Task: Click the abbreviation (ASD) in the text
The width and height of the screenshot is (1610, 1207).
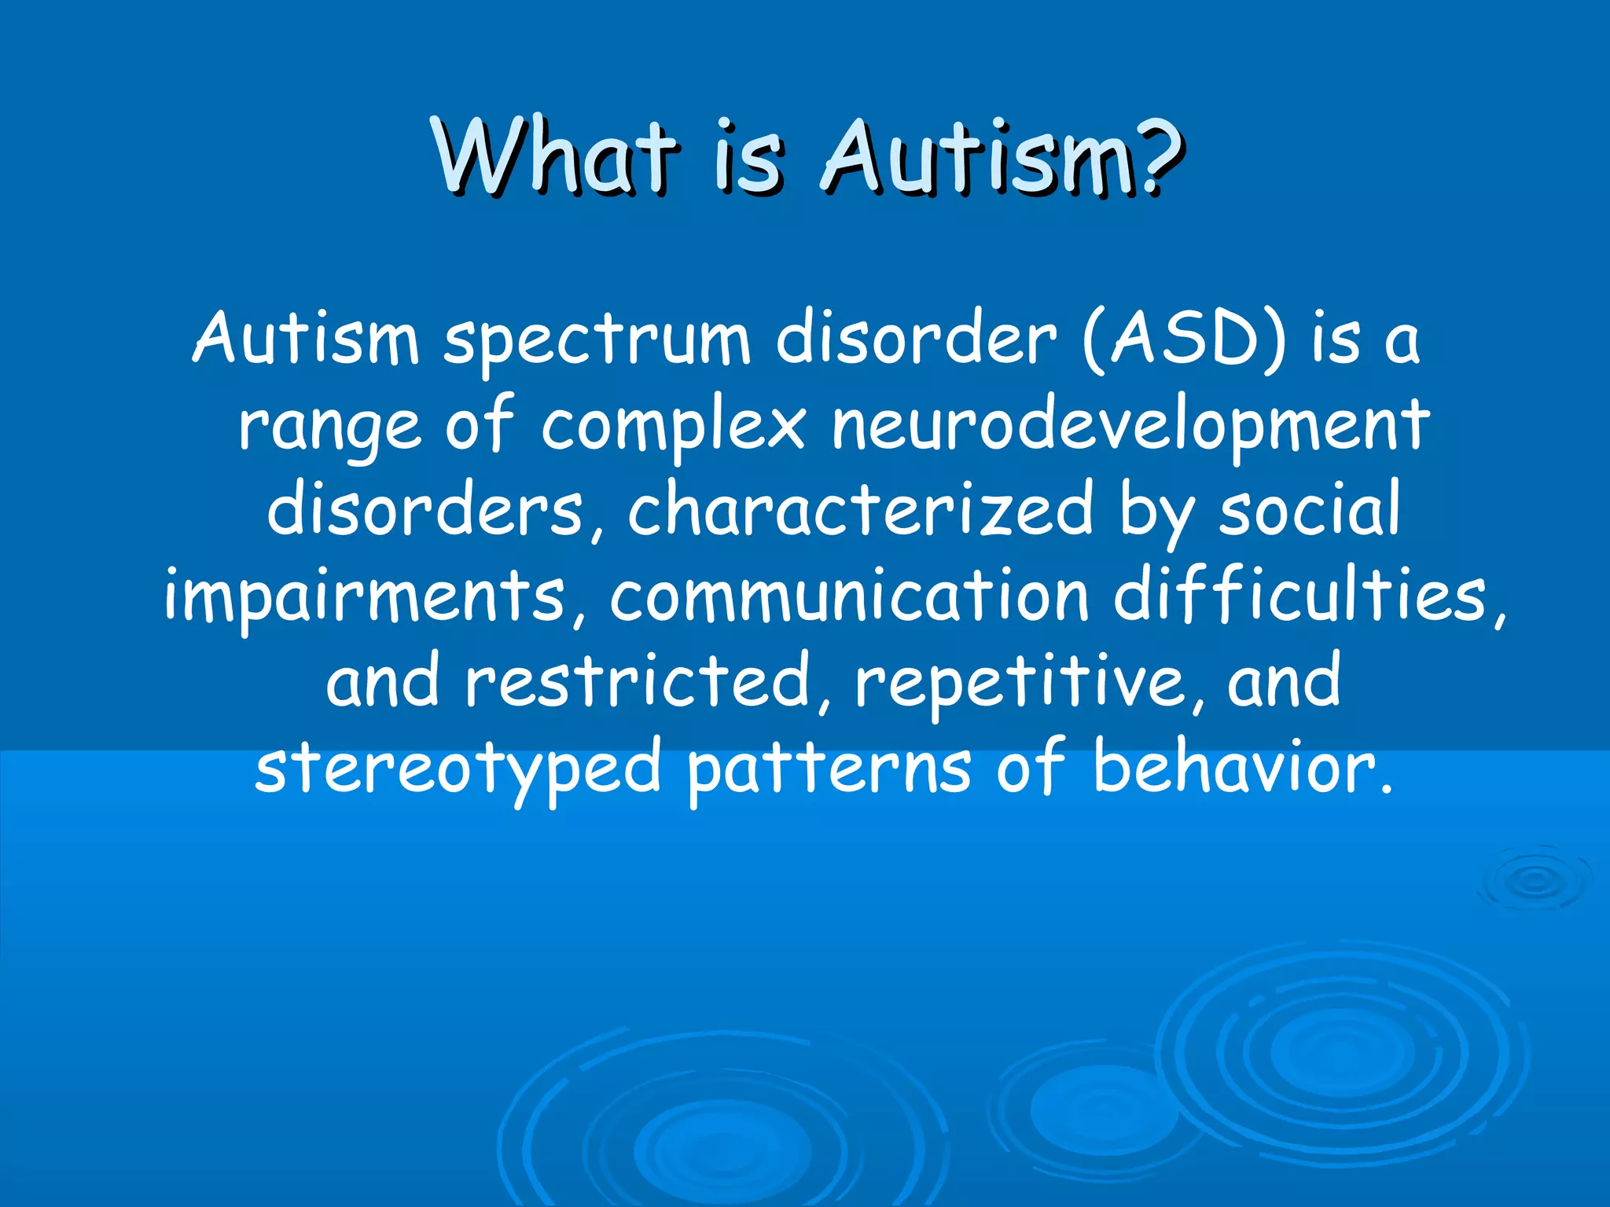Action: [1185, 340]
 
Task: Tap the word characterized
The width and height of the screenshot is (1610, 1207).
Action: [860, 511]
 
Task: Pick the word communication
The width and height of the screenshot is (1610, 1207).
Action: [849, 596]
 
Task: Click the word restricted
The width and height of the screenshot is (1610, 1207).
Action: [638, 681]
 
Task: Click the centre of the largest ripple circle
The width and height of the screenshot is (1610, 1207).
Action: [1342, 1051]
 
